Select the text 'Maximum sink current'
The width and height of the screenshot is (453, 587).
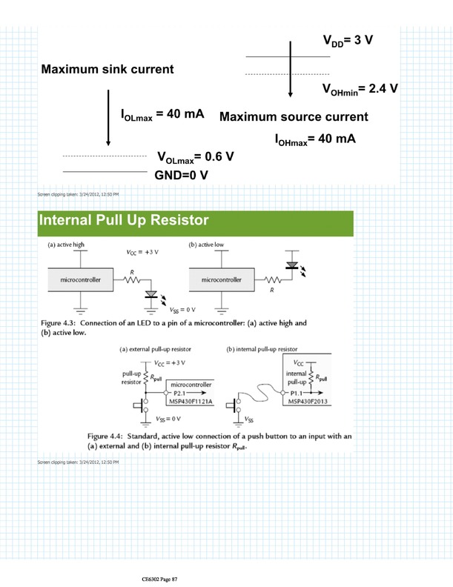[107, 70]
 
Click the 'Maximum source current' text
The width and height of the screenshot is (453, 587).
[294, 117]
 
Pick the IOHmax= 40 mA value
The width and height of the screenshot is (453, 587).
[315, 139]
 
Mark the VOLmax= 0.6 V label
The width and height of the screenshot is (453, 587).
[196, 157]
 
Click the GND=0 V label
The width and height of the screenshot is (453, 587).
[181, 175]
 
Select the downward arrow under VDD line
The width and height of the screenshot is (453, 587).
[291, 77]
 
